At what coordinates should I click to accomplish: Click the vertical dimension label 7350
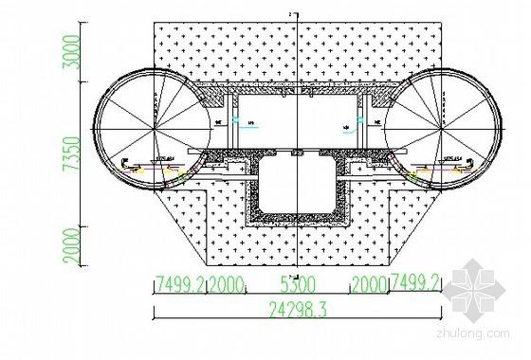click(x=89, y=152)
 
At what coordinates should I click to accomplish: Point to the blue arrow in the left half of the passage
click(x=248, y=119)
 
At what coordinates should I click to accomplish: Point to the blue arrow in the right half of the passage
click(x=354, y=126)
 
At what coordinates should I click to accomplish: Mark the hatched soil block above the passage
click(x=299, y=52)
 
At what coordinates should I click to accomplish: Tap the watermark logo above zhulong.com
click(x=479, y=284)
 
